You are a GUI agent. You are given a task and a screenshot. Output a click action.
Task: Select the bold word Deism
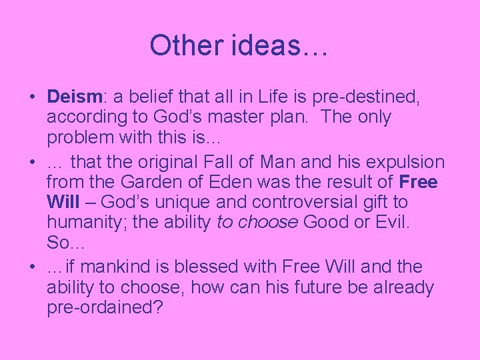tap(73, 96)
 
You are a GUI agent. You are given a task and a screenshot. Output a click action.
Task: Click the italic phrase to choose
tap(257, 222)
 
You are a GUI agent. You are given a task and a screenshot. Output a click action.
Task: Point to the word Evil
tap(391, 222)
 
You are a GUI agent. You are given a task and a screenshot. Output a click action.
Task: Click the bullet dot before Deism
tap(33, 97)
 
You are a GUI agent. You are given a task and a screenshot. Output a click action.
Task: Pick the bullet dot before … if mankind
tap(33, 267)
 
